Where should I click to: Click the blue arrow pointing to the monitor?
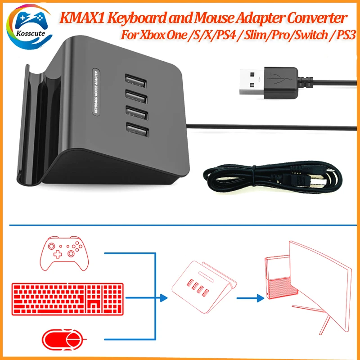pos(252,297)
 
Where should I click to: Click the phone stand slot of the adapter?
pos(30,126)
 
